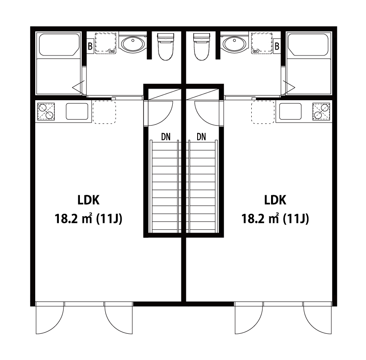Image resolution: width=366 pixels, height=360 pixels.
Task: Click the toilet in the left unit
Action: click(x=166, y=46)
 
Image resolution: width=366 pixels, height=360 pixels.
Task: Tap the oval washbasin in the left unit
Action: click(x=133, y=44)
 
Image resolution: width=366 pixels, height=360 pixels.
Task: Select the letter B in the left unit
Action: click(x=90, y=46)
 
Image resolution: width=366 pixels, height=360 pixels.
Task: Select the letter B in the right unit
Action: click(x=277, y=46)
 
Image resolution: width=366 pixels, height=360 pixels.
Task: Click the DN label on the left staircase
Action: click(x=166, y=137)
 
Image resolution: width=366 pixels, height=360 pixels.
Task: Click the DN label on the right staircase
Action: click(x=201, y=137)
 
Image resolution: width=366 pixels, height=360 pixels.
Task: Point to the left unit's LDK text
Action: click(x=88, y=200)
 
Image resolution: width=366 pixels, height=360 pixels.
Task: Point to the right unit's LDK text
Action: click(x=275, y=200)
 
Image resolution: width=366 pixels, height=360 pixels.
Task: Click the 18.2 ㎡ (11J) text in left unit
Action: click(x=88, y=219)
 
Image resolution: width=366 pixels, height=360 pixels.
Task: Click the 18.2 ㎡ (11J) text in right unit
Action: click(x=275, y=219)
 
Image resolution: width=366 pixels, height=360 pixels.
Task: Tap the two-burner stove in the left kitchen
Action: click(x=46, y=111)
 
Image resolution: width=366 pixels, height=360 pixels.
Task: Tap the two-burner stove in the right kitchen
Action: click(x=321, y=111)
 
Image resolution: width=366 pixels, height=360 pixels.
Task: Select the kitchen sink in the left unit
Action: click(x=77, y=111)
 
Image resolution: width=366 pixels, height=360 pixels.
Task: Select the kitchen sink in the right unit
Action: click(x=290, y=111)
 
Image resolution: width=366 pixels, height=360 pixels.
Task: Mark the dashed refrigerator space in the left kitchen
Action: click(x=104, y=112)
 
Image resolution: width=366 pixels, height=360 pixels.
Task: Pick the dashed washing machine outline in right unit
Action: click(x=262, y=43)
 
